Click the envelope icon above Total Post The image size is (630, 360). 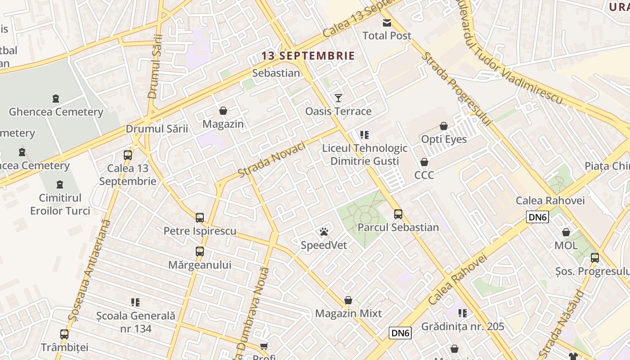[387, 23]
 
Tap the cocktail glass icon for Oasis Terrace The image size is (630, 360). [338, 98]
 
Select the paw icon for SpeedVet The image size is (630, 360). [324, 232]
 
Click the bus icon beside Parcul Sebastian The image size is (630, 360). [398, 214]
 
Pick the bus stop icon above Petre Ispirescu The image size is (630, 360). [200, 218]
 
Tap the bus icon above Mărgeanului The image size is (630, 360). [200, 252]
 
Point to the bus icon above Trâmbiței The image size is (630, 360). [64, 334]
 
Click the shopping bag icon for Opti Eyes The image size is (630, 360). [444, 126]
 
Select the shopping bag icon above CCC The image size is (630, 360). [424, 162]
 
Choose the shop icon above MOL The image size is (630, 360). [566, 233]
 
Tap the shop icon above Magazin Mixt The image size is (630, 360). [348, 300]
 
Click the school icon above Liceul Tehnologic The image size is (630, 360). [364, 135]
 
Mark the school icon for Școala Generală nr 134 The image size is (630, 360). [135, 302]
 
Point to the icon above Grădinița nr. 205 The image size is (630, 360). [463, 313]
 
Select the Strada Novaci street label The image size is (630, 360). [272, 159]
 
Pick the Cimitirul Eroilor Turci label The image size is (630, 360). [60, 204]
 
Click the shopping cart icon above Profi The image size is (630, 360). [264, 346]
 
